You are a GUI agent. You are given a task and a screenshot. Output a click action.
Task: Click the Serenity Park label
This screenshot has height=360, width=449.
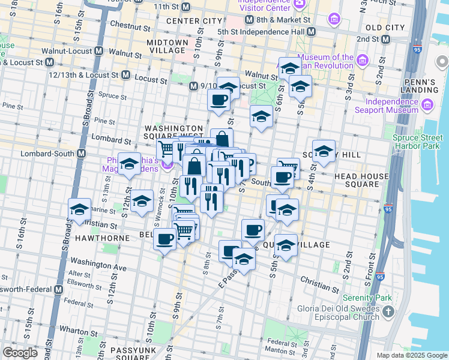pyautogui.click(x=367, y=298)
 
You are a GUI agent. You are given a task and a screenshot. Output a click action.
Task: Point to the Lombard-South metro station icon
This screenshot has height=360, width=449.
pyautogui.click(x=81, y=153)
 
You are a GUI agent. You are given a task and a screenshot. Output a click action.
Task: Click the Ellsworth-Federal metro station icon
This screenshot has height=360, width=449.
pyautogui.click(x=58, y=289)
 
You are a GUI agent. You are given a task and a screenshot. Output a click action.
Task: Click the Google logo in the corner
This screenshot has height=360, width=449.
pyautogui.click(x=20, y=353)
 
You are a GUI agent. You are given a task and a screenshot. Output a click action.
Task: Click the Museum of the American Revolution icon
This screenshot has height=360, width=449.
pyautogui.click(x=362, y=61)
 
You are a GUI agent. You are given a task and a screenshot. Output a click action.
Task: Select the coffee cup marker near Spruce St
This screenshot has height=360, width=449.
pyautogui.click(x=218, y=99)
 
